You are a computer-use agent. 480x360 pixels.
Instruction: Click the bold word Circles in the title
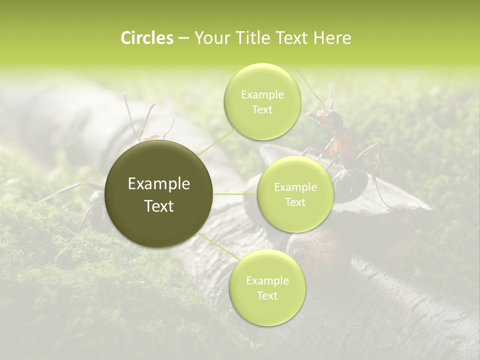pos(147,38)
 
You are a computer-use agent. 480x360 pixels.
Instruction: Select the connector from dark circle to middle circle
pos(235,194)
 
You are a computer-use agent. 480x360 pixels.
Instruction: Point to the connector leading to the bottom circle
pos(215,245)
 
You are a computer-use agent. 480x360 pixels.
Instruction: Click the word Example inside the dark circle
pos(159,184)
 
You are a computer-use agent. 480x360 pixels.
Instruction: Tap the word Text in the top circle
pos(262,110)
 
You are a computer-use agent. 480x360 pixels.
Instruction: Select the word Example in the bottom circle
pos(267,281)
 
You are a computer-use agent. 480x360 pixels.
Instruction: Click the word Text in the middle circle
pos(295,202)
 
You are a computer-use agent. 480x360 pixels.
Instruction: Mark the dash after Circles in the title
pos(183,38)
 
